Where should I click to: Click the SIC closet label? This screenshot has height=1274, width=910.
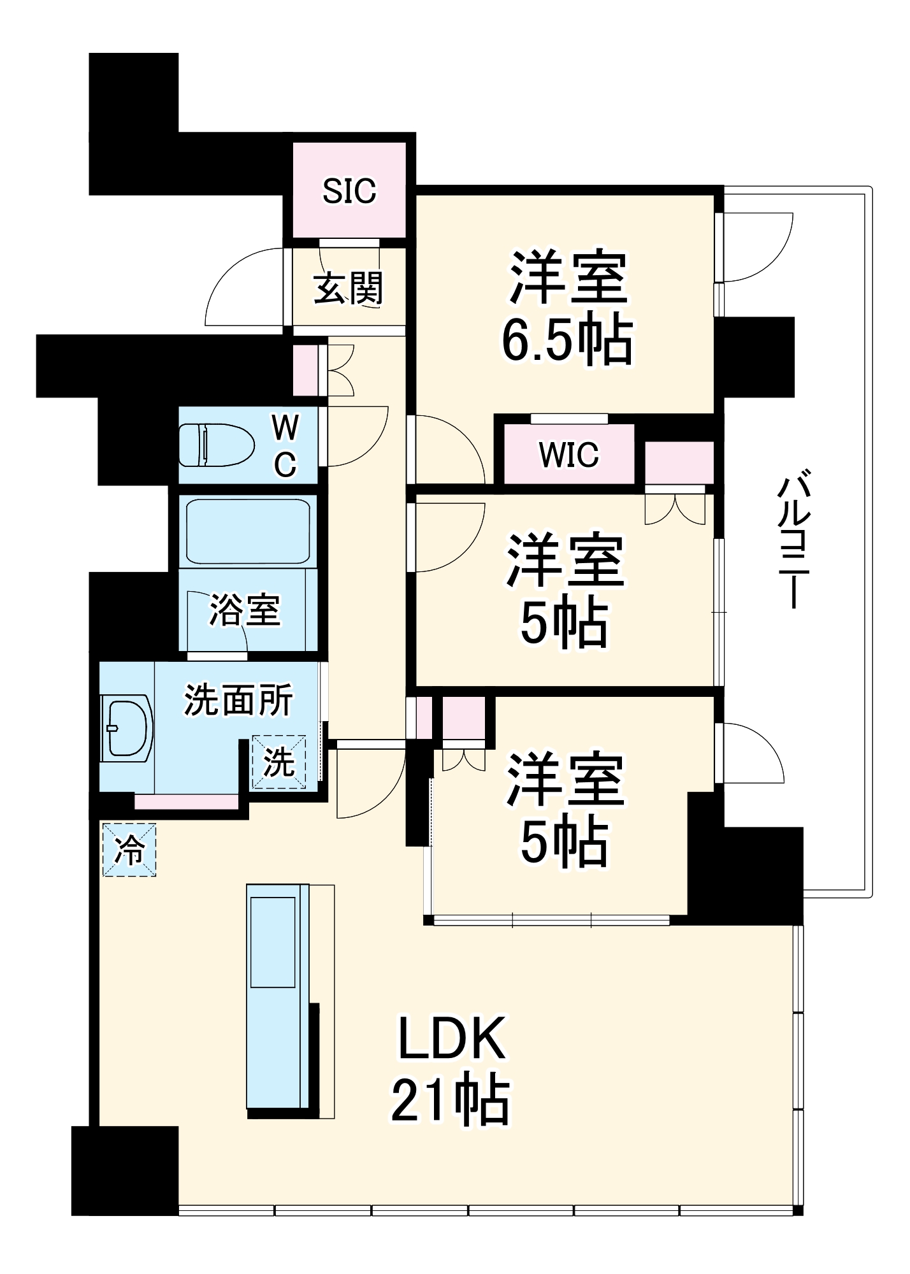click(349, 191)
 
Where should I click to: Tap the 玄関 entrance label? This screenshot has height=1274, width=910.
click(349, 288)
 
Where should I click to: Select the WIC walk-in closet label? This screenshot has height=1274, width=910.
click(569, 455)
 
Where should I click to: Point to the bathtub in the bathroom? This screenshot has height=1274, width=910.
click(247, 531)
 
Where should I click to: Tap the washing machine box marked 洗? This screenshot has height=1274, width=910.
click(279, 762)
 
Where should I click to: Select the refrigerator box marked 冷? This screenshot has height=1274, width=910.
click(129, 850)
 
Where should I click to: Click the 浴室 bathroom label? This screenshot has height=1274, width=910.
click(245, 610)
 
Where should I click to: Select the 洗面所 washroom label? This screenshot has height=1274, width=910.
click(238, 700)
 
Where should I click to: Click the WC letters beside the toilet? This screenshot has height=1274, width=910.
click(285, 445)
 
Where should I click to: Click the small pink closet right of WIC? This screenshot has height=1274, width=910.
click(679, 462)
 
